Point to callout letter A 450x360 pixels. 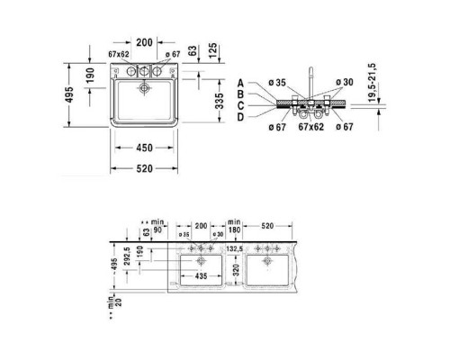point(241,82)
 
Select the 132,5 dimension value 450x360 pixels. point(236,247)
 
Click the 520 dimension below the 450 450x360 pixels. point(144,169)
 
